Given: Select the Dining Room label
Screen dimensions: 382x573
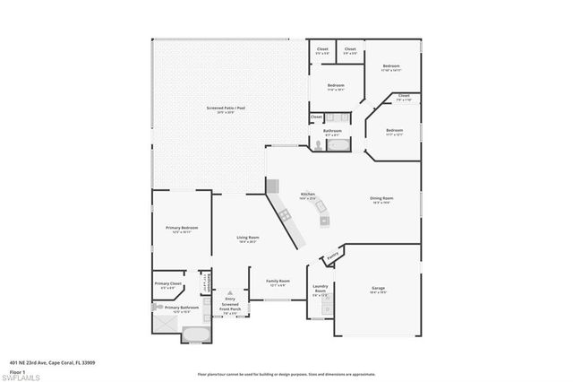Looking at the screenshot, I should click(382, 200).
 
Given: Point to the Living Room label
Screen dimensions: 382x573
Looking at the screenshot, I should click(248, 239).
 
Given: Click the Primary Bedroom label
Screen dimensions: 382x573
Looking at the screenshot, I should click(182, 230).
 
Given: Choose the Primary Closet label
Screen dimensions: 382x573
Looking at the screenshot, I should click(167, 285).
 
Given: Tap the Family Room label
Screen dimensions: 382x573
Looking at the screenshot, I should click(278, 282).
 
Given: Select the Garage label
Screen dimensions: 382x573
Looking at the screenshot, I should click(379, 290).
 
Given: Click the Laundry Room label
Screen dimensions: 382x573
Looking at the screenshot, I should click(320, 290).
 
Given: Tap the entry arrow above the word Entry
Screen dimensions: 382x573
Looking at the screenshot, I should click(230, 291).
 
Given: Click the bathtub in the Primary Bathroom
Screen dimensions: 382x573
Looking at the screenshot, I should click(194, 334).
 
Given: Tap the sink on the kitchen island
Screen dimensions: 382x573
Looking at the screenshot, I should click(323, 208).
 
